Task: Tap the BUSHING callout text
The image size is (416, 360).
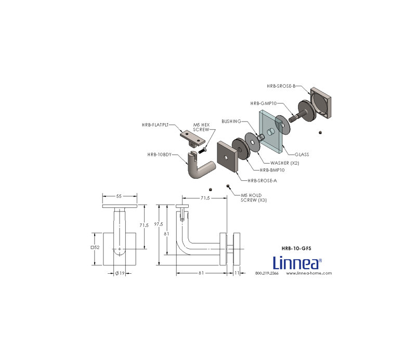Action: point(231,121)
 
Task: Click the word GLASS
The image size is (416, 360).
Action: point(302,154)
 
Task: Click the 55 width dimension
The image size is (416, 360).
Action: point(119,196)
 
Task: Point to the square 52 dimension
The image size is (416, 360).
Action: point(95,248)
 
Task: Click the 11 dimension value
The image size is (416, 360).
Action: point(237,273)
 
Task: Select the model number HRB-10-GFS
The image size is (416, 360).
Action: point(296,248)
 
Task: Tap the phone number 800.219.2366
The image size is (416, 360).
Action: point(267,273)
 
